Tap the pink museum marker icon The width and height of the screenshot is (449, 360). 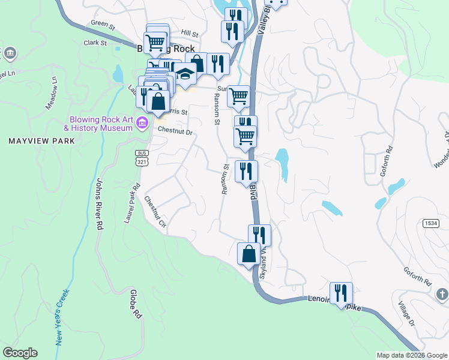(142, 124)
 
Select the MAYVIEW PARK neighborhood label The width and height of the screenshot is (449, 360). (41, 141)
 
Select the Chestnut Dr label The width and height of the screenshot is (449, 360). (175, 131)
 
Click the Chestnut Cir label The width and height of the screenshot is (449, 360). (154, 214)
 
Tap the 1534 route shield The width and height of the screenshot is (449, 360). (430, 223)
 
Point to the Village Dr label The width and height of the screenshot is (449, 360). (406, 313)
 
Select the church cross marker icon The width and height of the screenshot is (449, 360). (442, 294)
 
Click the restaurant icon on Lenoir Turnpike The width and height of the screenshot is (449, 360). (341, 292)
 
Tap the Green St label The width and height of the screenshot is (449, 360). (103, 25)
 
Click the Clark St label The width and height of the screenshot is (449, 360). (95, 43)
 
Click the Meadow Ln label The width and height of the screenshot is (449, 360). (52, 92)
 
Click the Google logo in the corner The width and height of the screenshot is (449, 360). (20, 353)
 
